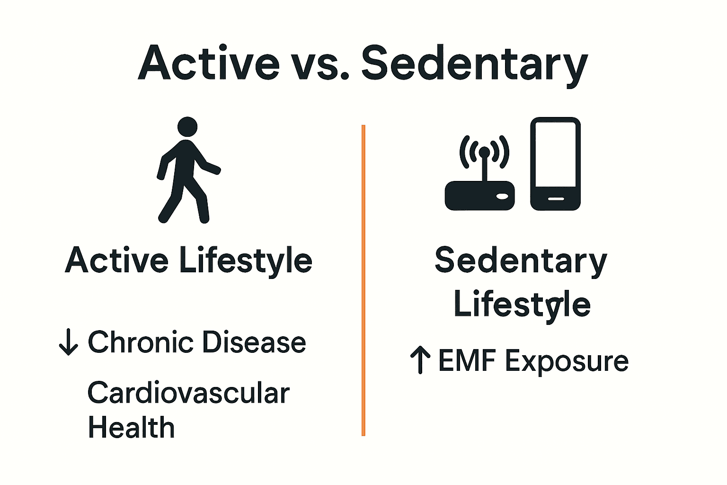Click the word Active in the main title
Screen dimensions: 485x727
pos(209,63)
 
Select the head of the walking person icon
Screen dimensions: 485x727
pos(187,126)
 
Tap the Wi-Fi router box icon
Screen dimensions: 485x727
pos(479,196)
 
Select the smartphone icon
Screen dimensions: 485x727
pos(555,163)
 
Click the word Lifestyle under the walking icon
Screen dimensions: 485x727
pos(246,261)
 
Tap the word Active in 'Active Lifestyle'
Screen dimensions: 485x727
pos(116,260)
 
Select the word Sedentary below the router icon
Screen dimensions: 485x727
pos(521,261)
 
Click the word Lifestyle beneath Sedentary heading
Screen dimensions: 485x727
pos(522,305)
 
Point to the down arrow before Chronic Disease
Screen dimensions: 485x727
pos(68,342)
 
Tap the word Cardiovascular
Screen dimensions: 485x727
pos(188,393)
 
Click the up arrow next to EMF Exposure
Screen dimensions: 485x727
pos(420,359)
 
